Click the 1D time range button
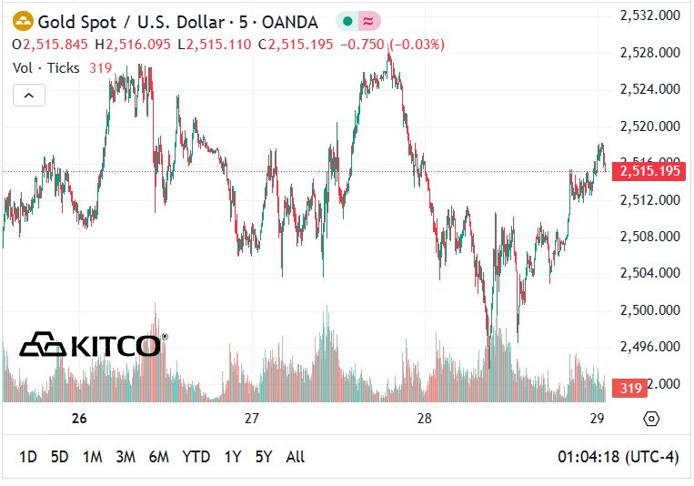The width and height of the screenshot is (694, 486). (28, 457)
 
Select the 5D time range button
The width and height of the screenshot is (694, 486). (59, 457)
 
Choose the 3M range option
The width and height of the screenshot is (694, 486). (125, 457)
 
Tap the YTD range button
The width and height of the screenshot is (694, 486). (196, 457)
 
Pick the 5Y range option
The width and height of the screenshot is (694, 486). (264, 457)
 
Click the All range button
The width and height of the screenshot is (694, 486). (295, 457)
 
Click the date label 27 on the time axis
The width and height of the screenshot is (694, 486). (252, 419)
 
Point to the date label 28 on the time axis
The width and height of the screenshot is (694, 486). (424, 419)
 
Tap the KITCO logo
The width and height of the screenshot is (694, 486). (91, 346)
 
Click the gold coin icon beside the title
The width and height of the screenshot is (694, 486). (22, 21)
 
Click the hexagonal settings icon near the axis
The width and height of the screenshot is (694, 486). (651, 419)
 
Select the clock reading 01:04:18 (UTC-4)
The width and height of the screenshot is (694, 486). (618, 457)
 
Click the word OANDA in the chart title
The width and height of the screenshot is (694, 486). (290, 21)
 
